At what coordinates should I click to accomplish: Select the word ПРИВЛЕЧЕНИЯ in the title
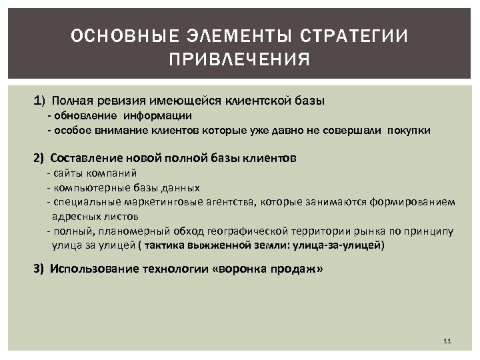[239, 61]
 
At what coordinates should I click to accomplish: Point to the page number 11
[447, 341]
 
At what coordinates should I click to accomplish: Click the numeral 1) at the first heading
[40, 101]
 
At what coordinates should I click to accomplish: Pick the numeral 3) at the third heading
[40, 269]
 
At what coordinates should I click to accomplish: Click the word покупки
[408, 130]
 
